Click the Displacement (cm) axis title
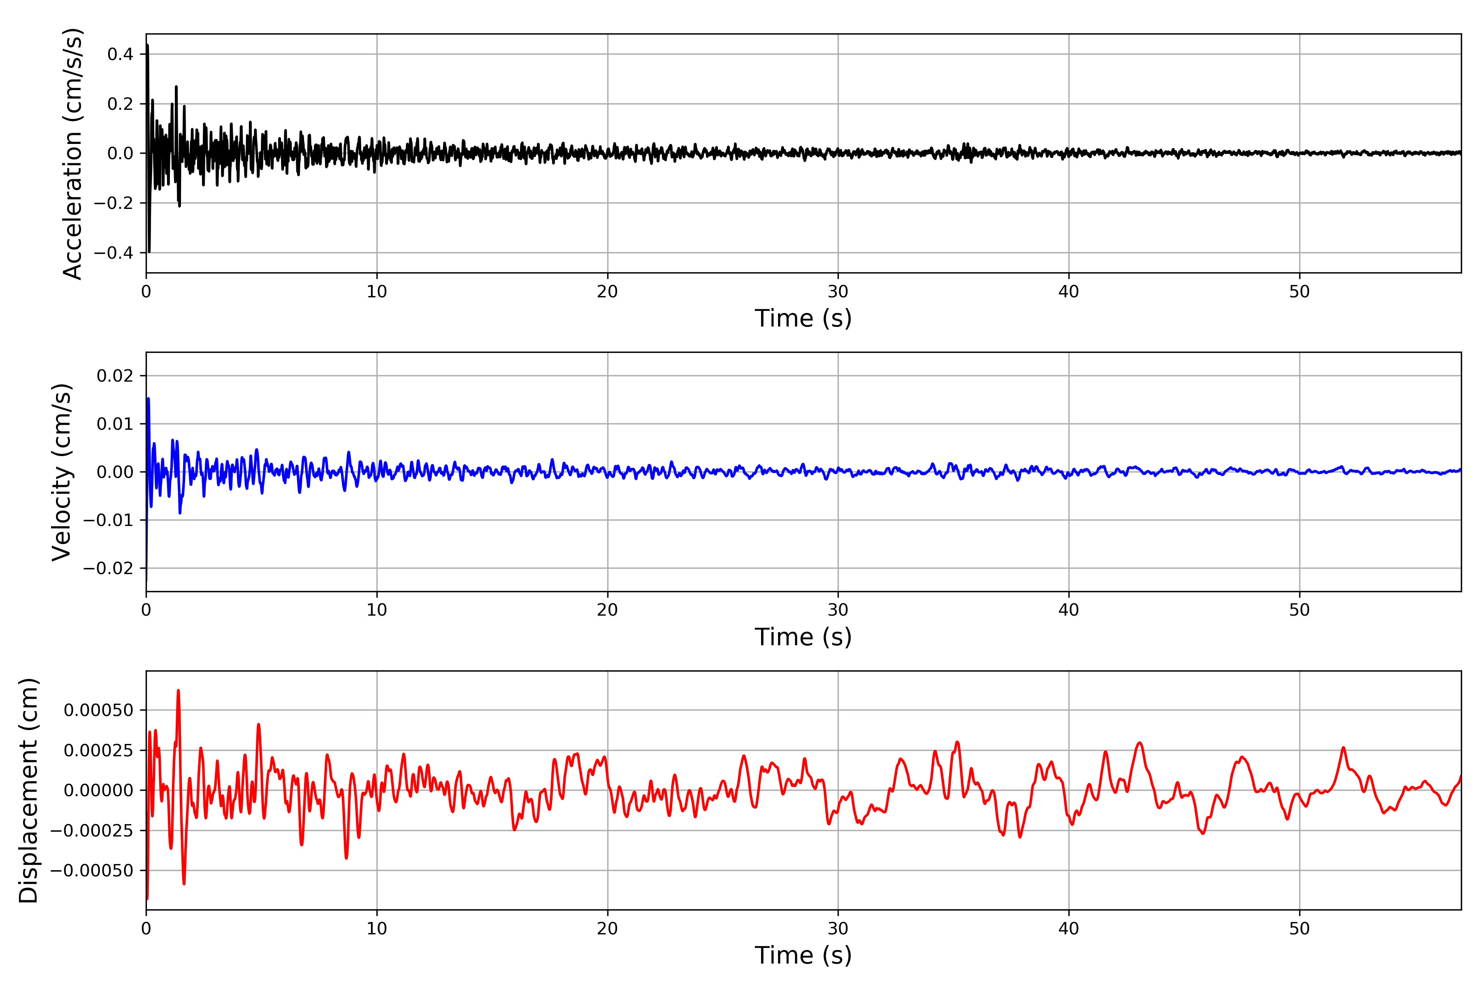tap(28, 790)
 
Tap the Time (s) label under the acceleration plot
tap(803, 318)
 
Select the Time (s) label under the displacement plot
tap(803, 955)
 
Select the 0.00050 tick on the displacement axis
tap(98, 711)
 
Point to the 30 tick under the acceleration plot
tap(838, 292)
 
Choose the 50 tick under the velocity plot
tap(1299, 610)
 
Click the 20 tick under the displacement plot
tap(608, 929)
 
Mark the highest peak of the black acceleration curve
tap(147, 45)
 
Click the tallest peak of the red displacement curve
tap(178, 690)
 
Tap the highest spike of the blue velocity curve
tap(148, 399)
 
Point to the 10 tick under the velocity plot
tap(377, 610)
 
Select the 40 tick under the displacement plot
tap(1068, 929)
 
